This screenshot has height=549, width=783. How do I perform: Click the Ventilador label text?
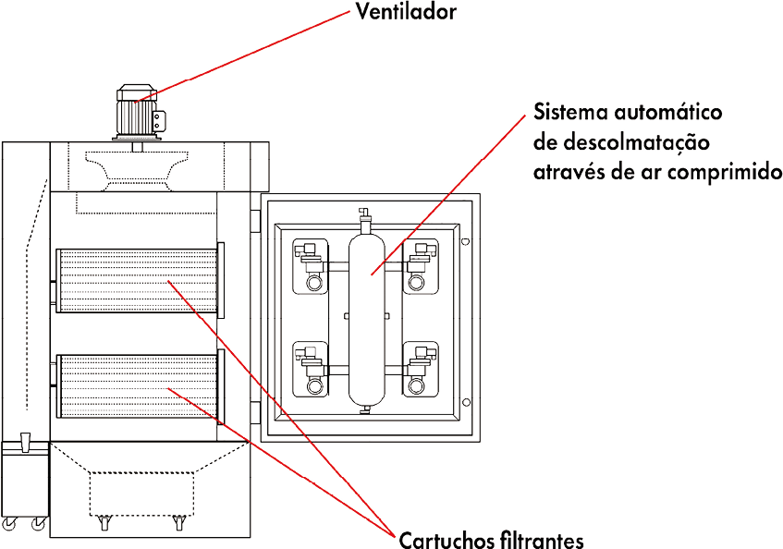tap(406, 12)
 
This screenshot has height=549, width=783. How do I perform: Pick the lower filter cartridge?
tap(135, 390)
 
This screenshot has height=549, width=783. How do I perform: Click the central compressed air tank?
tap(368, 314)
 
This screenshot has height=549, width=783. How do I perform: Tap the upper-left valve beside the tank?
tap(311, 265)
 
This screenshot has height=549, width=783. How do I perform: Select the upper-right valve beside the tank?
tap(423, 265)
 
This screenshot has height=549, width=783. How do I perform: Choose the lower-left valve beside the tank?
tap(311, 367)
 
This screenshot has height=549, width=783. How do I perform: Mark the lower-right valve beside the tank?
tap(423, 367)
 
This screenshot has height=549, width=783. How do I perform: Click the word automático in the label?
tap(666, 113)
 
